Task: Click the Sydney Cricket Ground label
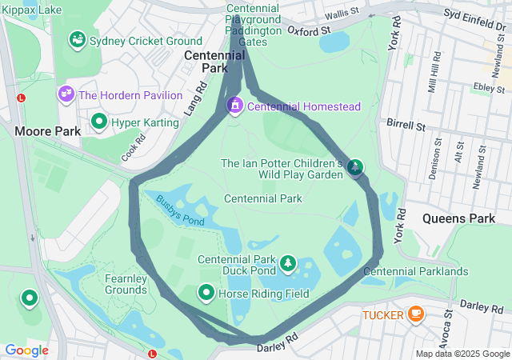pos(146,41)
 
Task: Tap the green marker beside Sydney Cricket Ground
pos(78,38)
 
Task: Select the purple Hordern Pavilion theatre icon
pos(66,94)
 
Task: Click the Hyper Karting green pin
pos(99,122)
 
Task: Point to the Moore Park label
pos(45,130)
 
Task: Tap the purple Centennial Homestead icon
pos(235,106)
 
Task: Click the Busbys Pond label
pos(181,210)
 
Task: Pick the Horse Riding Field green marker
pos(206,294)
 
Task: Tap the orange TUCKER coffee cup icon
pos(415,314)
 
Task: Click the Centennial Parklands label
pos(415,271)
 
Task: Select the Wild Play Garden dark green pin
pos(354,167)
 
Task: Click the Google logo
pos(26,350)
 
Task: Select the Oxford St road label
pos(309,31)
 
